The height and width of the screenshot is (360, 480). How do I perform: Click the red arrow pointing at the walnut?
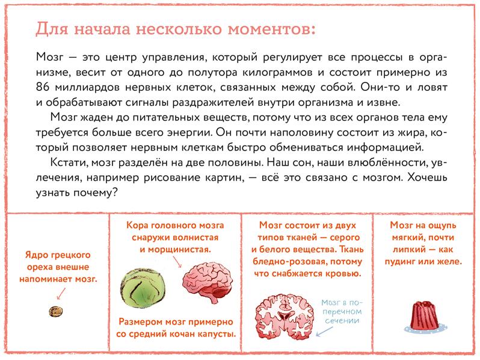point(60,293)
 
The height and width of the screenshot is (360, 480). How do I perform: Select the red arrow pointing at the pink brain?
point(176,261)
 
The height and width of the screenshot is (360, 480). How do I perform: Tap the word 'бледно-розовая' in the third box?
point(285,262)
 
